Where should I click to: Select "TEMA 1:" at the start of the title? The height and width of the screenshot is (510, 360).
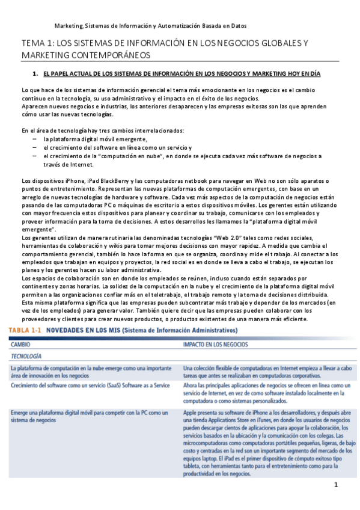(x=37, y=43)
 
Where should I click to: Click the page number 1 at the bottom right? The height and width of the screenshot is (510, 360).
(x=337, y=485)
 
